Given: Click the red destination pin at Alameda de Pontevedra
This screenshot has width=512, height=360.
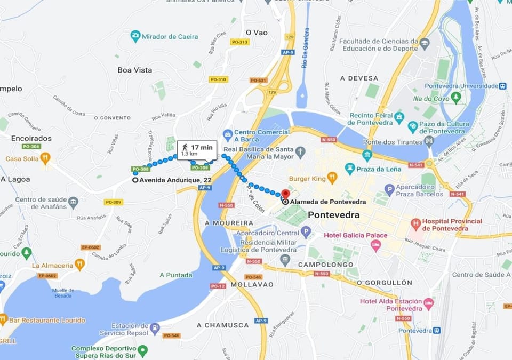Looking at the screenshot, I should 285,194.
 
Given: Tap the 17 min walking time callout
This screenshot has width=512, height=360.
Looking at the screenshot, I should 196,149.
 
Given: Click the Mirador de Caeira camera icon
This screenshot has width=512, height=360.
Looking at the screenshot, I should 135,36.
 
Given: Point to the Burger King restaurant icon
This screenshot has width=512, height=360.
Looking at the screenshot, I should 332,178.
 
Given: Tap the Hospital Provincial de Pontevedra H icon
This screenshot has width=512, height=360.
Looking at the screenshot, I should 415,225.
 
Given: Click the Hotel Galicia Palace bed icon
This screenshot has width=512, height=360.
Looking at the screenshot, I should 376,245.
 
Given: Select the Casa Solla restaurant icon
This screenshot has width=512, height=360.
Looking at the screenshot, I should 45,158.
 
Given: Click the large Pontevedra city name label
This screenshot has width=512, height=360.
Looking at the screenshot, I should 334,215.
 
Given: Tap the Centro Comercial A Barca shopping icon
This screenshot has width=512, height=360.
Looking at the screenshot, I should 227,133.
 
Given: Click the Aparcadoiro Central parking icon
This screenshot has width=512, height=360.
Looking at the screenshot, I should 306,232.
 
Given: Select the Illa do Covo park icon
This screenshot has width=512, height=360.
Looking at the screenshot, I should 455,98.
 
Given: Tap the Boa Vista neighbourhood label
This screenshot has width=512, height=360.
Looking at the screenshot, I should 134,70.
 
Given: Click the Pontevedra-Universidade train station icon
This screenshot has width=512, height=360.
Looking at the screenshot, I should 502,86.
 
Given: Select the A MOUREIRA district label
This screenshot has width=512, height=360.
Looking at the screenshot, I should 229,222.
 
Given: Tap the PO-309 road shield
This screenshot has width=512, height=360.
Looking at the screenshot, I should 113,202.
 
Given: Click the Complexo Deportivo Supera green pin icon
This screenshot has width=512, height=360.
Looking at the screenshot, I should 142,351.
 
